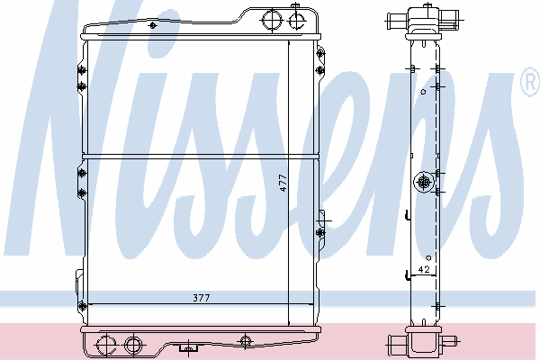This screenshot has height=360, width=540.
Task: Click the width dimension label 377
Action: pos(201,298)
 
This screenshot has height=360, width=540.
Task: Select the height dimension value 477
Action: pos(283,183)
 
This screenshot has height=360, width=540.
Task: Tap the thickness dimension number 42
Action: pos(424,269)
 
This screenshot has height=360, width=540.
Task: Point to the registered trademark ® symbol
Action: pos(531,82)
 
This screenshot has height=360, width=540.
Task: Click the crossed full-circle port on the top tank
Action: pos(272,20)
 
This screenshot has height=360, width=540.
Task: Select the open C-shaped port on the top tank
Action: pos(296,21)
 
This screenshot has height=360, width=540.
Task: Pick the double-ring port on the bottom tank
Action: pos(133,344)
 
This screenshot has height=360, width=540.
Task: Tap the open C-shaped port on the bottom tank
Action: pos(105,345)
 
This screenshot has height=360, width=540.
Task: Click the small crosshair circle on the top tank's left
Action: pos(153,25)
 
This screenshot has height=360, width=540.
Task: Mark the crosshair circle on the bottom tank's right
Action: pos(245,341)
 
